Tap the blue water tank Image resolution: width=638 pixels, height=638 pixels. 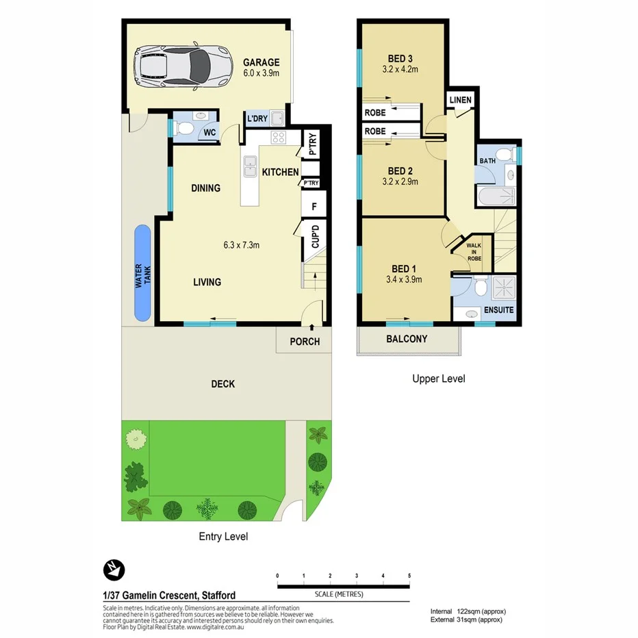142,272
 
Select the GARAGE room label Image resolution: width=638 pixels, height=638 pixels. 261,62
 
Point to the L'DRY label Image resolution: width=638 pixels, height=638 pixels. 257,119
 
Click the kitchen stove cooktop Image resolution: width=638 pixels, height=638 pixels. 278,137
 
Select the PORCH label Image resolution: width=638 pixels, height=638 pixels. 305,341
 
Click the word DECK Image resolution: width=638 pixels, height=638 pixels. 223,384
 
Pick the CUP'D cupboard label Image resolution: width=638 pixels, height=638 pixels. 316,236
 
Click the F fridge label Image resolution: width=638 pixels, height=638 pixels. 314,205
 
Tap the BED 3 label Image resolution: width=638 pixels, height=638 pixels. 400,58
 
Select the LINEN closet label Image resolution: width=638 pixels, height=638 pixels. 460,101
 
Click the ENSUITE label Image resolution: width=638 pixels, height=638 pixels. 498,309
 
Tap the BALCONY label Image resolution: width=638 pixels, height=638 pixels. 407,339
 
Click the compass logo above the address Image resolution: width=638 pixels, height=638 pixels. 113,570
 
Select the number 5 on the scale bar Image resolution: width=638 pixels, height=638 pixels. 409,576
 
